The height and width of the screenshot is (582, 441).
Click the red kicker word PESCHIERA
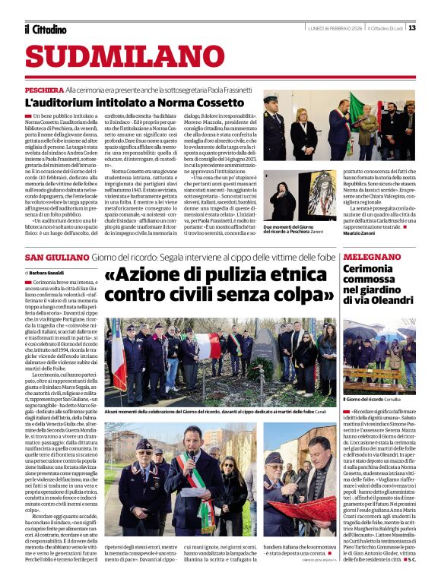pos(43,89)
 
